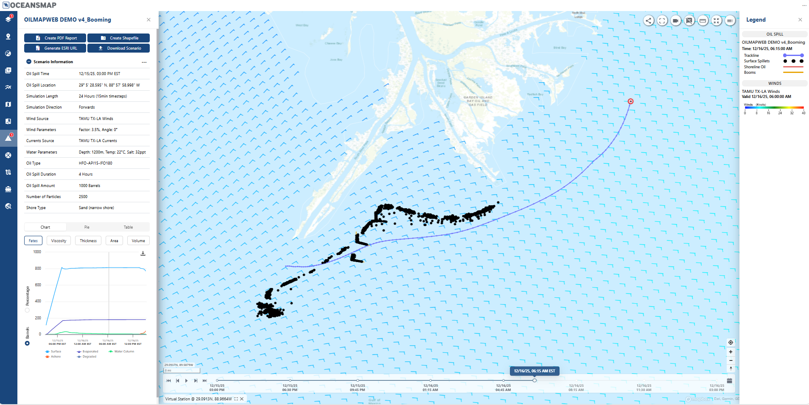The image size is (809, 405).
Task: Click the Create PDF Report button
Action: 55,38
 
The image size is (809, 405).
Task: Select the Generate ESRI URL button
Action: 55,48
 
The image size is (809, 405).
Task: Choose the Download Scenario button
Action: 118,48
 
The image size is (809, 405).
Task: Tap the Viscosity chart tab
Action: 59,241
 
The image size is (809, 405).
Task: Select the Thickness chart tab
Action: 88,241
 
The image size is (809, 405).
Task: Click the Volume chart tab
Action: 138,241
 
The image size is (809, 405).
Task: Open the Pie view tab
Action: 87,227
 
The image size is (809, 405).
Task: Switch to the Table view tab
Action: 128,227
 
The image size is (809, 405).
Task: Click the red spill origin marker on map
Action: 630,101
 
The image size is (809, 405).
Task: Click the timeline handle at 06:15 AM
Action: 535,380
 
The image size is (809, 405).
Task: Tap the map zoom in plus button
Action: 731,352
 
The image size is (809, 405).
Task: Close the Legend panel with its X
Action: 800,20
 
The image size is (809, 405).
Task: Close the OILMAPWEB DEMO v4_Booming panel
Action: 148,20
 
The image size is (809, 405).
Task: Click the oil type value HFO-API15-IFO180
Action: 95,163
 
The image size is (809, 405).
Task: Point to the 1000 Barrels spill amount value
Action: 90,186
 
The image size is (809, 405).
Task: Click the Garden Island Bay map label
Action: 478,101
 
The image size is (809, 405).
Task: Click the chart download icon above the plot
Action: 143,253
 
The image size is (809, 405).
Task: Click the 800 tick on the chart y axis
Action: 38,268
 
